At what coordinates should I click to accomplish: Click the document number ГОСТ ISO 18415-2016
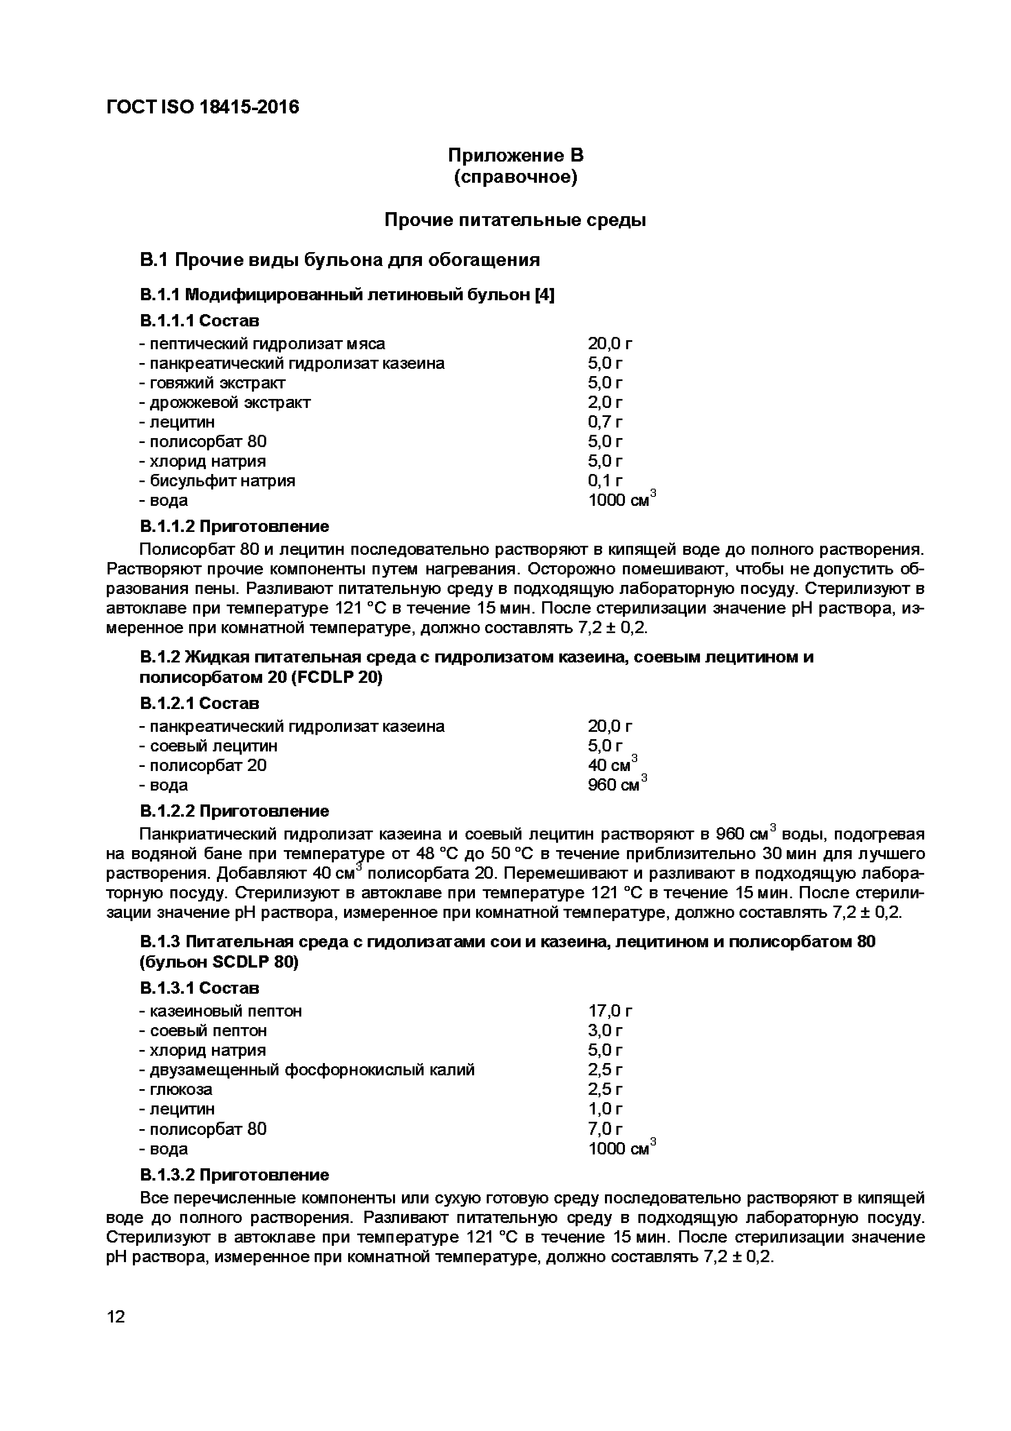[203, 107]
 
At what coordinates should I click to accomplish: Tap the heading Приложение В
[515, 155]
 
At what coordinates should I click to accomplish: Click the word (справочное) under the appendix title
[515, 177]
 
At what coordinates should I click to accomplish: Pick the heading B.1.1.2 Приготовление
[234, 527]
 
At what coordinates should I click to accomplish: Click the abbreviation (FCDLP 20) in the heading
[336, 678]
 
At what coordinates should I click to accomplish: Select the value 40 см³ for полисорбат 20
[612, 765]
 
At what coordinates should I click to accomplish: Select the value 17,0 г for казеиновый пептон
[610, 1011]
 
